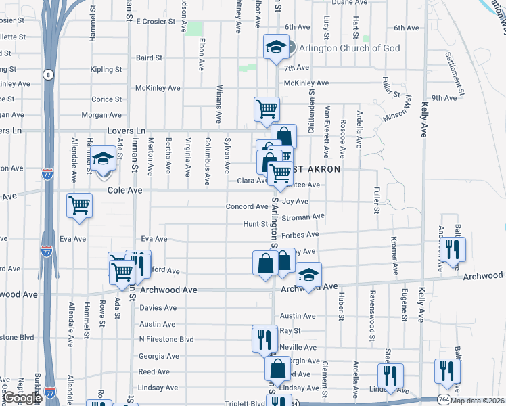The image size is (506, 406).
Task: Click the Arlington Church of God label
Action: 350,48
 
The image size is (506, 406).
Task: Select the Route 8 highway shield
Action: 48,75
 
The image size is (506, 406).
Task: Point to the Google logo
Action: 22,399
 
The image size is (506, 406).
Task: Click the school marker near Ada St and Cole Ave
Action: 103,160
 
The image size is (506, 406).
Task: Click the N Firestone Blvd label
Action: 166,339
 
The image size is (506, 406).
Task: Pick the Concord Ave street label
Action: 247,206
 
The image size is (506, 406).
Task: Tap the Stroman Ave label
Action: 303,217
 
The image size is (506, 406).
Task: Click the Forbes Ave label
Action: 300,235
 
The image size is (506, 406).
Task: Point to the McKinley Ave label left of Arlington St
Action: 158,88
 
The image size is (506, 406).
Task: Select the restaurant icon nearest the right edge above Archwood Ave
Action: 453,248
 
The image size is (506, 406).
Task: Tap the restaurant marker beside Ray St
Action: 264,338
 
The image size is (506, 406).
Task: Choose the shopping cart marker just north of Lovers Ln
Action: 267,108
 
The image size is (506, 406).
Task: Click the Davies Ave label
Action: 158,307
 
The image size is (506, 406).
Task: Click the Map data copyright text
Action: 477,400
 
